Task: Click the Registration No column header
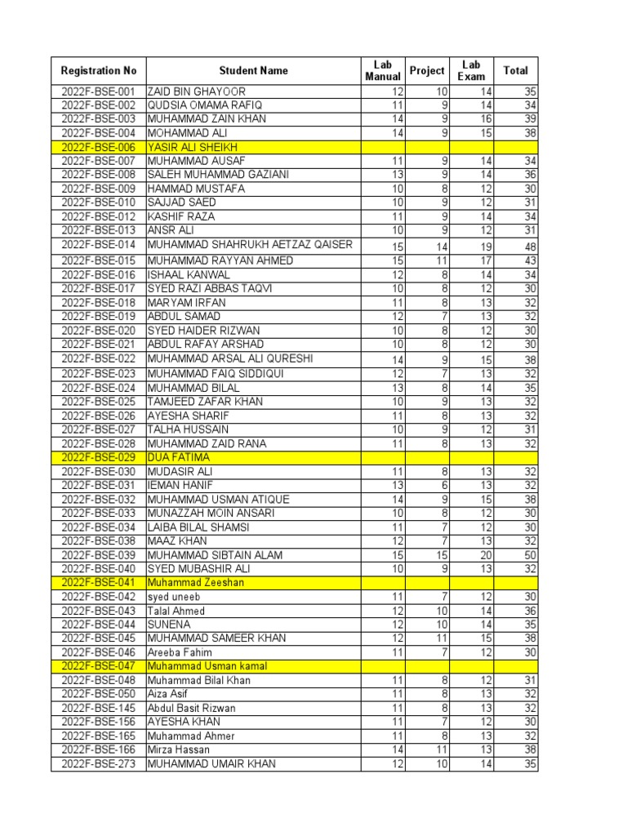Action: point(98,70)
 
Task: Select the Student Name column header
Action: point(253,70)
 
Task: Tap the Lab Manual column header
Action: point(383,70)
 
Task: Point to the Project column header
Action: point(427,70)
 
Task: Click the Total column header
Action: point(515,70)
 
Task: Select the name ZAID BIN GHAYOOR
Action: point(196,91)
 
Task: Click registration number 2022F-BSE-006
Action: point(98,147)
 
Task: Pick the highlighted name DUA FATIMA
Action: point(178,457)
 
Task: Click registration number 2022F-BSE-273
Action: point(98,764)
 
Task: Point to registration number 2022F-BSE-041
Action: point(98,583)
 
